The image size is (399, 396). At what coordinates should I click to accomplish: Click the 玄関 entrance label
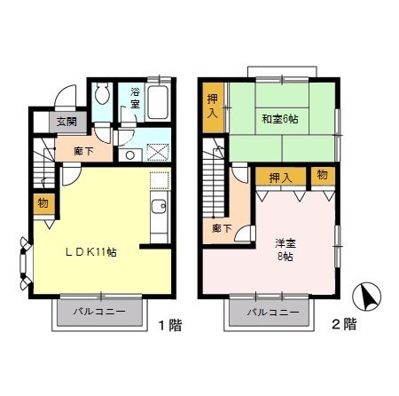coord(66,123)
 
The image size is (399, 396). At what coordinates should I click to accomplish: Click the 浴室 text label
coord(135,98)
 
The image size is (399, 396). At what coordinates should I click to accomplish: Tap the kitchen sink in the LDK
coord(159,210)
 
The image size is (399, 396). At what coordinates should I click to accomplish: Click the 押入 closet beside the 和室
coord(214,109)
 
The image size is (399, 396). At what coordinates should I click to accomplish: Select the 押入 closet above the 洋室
coord(280,178)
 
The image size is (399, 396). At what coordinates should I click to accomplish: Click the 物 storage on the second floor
coord(323,176)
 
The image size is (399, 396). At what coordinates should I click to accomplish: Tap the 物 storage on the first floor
coord(43,203)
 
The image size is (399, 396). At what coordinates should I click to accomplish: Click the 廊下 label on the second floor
coord(221,228)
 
